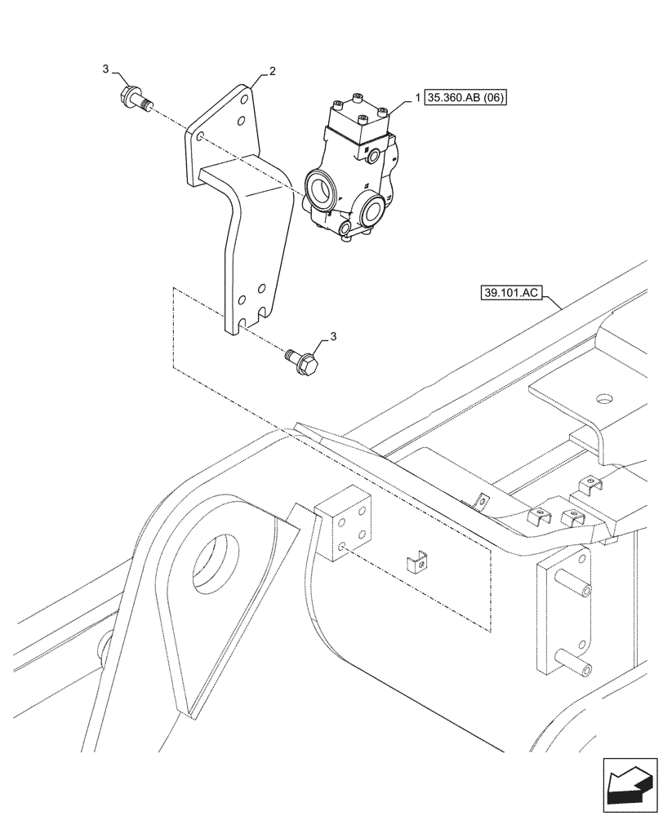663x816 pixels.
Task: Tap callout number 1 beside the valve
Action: pyautogui.click(x=418, y=98)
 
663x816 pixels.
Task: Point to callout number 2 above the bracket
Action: pyautogui.click(x=272, y=72)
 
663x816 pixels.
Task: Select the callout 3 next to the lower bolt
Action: pyautogui.click(x=332, y=335)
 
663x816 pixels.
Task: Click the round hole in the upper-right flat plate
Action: pyautogui.click(x=603, y=399)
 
